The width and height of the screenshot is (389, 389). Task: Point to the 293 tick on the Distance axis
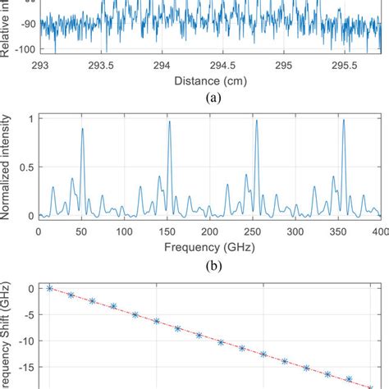click(x=39, y=64)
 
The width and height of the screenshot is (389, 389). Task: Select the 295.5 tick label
click(x=346, y=64)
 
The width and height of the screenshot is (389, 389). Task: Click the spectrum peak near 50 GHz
click(x=82, y=129)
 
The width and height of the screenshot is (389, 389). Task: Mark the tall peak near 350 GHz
click(x=343, y=120)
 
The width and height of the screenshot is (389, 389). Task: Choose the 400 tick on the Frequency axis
click(x=377, y=232)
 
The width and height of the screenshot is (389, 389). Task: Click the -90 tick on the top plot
click(x=24, y=24)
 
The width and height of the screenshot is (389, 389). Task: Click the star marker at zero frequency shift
click(x=49, y=288)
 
